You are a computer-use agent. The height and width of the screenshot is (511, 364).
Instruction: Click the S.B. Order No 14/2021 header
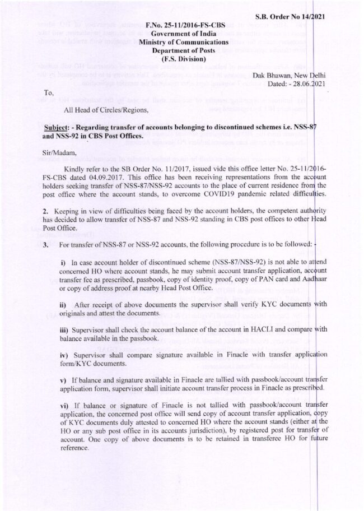coord(294,16)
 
